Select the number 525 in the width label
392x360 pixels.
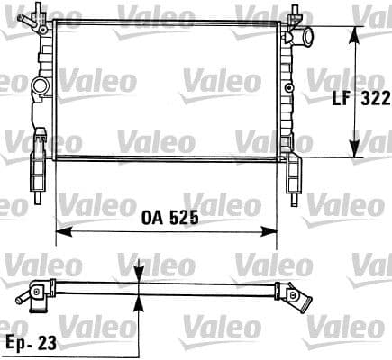(x=180, y=219)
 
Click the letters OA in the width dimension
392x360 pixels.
(x=150, y=219)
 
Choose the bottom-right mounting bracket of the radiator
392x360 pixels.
(x=295, y=173)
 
